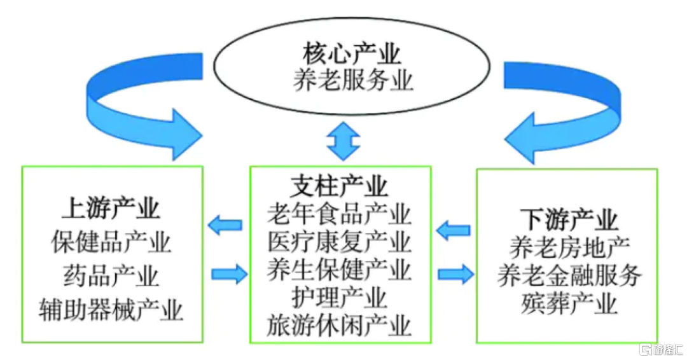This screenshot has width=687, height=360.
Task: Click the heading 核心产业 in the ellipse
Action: pos(351,54)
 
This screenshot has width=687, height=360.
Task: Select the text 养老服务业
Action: pos(353,80)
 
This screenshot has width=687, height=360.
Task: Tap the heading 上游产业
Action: pos(111,208)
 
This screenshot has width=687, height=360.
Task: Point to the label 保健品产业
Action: pos(111,242)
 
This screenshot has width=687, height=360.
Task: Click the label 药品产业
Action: pos(111,276)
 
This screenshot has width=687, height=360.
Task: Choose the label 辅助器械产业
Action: pos(111,310)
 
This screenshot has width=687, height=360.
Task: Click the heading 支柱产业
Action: pos(339,186)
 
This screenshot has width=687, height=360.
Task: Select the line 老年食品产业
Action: pos(339,214)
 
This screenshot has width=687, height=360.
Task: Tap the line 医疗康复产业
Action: pos(339,242)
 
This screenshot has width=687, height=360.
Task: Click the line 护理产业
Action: pos(339,298)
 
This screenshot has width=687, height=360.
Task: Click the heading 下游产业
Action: pos(569,220)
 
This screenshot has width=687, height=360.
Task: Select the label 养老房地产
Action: pos(569,248)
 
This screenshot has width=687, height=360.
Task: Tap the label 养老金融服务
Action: pos(569,275)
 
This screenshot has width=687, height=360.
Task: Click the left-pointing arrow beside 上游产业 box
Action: pos(225,226)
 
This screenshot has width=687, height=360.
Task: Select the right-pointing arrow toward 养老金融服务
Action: pos(455,274)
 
